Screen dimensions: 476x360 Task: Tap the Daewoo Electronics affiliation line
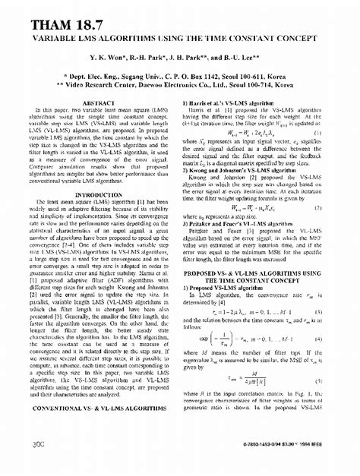[180, 87]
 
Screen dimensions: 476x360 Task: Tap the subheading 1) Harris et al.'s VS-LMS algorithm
[232, 102]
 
